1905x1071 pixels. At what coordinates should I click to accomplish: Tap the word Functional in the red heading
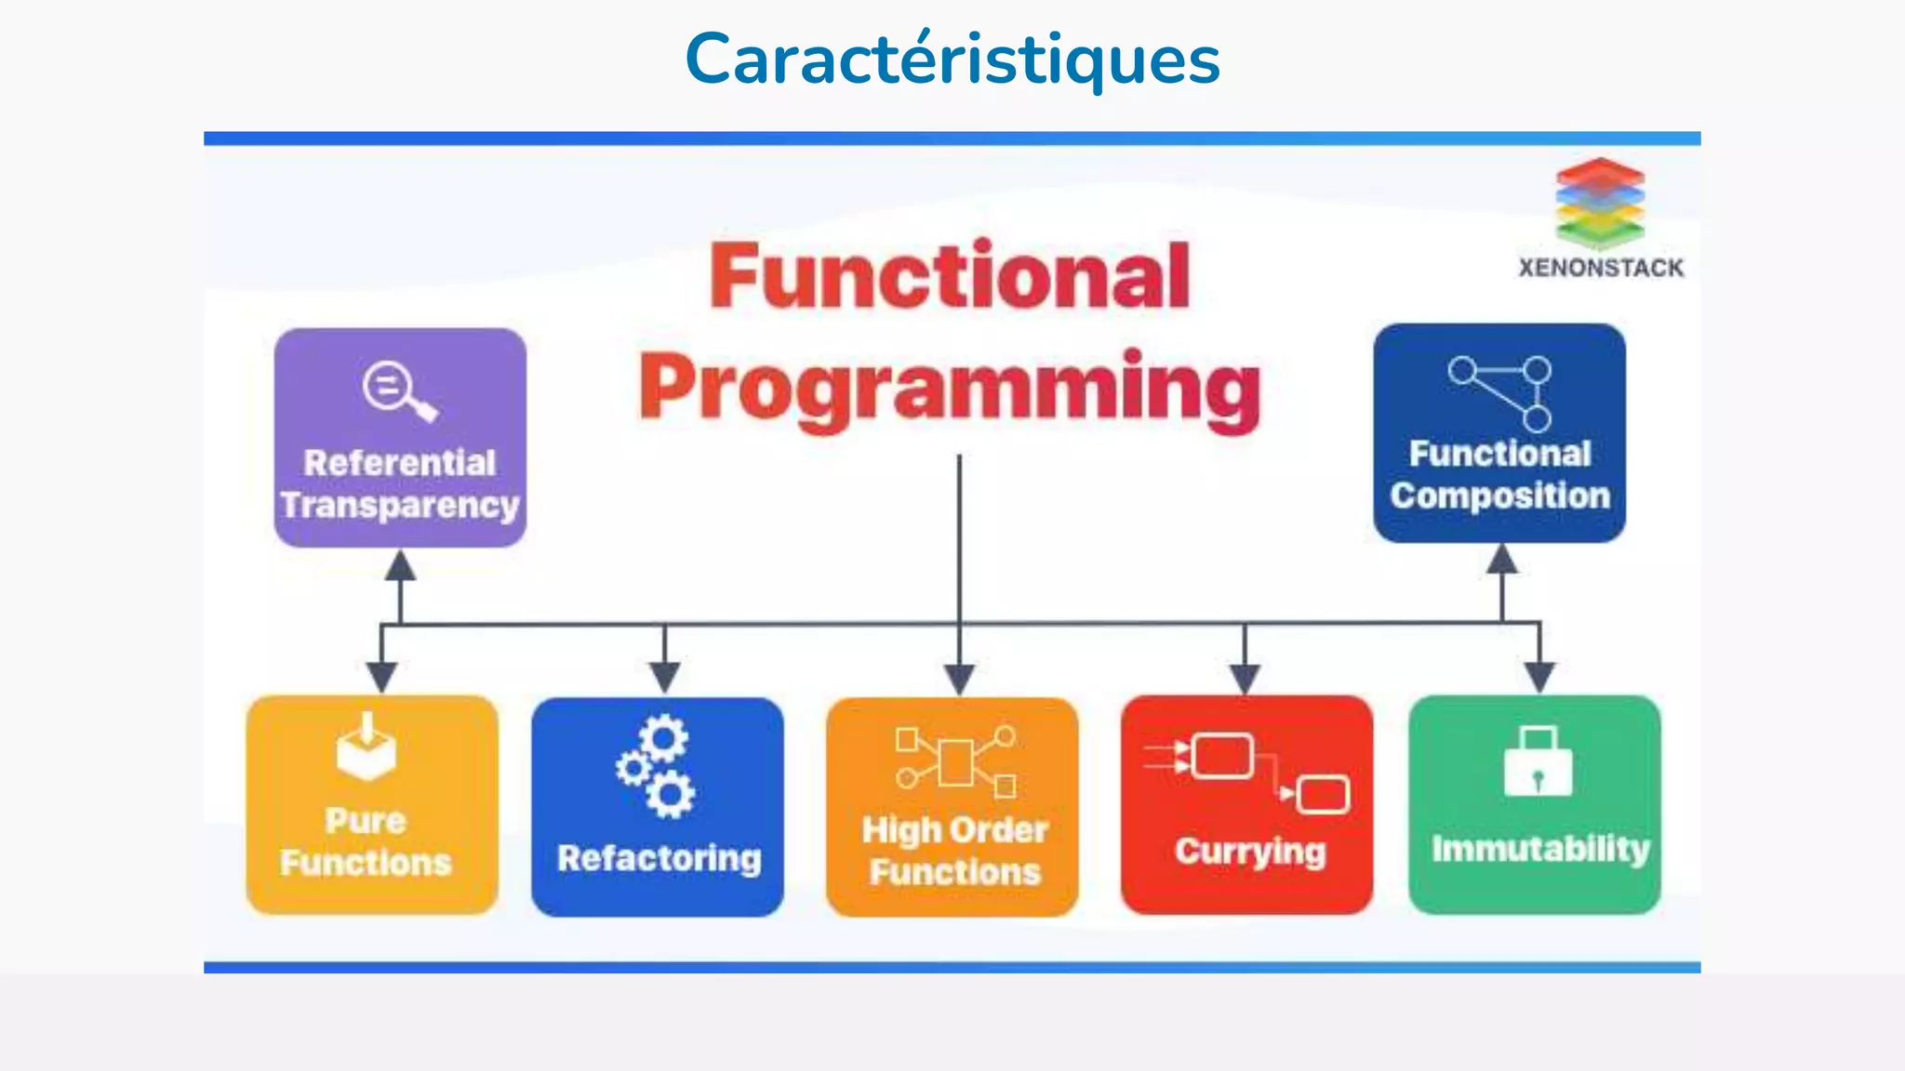click(950, 276)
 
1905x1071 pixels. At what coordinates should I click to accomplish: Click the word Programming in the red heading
click(950, 390)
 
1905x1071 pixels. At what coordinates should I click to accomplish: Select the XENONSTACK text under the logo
click(1601, 268)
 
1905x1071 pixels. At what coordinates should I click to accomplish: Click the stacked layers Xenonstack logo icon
click(1600, 203)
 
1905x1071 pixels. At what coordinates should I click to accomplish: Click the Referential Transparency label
click(400, 483)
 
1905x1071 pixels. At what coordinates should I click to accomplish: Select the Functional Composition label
click(1499, 475)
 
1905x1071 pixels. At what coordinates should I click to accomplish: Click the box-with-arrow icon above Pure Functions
click(366, 747)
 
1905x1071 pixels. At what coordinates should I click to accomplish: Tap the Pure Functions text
click(366, 842)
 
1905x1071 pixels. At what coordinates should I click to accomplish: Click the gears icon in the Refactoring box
click(657, 767)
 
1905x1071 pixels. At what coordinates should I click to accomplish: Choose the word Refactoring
click(659, 858)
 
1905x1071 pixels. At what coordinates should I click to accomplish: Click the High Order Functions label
click(954, 851)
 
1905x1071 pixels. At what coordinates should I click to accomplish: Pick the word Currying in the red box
click(1249, 851)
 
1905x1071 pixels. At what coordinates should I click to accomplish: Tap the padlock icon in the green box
click(1538, 761)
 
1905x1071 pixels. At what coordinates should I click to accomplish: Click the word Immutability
click(1539, 848)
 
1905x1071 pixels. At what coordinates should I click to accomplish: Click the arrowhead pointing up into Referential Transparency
click(400, 565)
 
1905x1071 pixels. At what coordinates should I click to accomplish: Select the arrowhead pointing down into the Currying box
click(1245, 679)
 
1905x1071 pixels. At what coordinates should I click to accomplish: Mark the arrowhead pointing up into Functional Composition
click(1501, 560)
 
